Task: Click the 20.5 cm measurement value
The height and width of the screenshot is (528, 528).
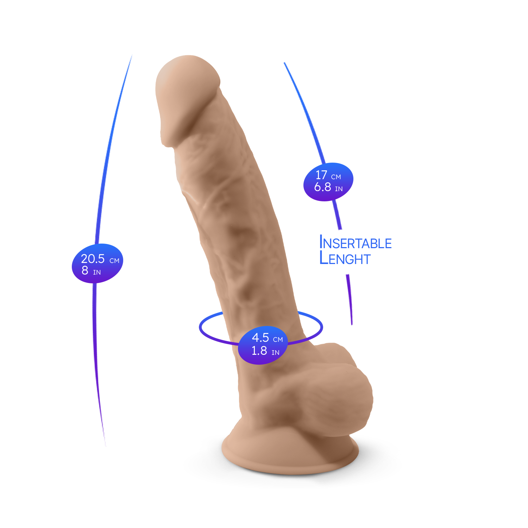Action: click(x=93, y=259)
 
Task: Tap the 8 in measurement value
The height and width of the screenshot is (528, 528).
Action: click(x=85, y=270)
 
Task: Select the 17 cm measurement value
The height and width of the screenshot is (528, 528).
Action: click(x=321, y=175)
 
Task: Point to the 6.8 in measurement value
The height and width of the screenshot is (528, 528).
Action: click(x=323, y=187)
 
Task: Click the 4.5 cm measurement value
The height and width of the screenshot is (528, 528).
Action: click(x=260, y=338)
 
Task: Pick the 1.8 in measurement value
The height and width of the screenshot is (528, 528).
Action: click(x=259, y=351)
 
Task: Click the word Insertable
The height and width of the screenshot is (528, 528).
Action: click(x=355, y=243)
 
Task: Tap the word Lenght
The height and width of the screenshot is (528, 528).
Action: click(x=345, y=259)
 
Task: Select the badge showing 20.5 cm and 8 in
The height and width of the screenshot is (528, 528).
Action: click(x=98, y=263)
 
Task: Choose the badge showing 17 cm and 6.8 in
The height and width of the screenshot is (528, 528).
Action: click(x=328, y=182)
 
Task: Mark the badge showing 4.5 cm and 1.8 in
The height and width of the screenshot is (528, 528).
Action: click(x=263, y=345)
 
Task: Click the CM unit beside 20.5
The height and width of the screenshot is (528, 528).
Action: click(x=114, y=261)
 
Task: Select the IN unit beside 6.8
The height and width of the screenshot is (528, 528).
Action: click(x=339, y=189)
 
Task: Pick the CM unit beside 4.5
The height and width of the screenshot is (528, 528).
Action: click(x=278, y=340)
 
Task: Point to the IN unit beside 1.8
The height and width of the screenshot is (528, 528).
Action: click(x=275, y=353)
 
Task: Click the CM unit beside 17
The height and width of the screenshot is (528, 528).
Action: click(x=336, y=177)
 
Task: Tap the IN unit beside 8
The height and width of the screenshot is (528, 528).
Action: click(x=97, y=272)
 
